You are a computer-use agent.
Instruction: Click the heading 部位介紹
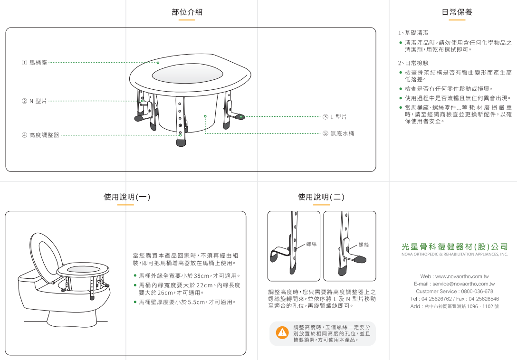click(187, 12)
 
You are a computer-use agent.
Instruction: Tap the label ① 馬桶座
click(34, 63)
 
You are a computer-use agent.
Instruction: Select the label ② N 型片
click(34, 101)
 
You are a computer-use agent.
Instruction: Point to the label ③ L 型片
click(335, 117)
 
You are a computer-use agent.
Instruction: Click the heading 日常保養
click(457, 12)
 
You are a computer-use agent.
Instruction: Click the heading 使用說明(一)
click(127, 197)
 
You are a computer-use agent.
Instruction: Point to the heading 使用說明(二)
click(321, 197)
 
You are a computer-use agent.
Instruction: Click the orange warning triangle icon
click(282, 332)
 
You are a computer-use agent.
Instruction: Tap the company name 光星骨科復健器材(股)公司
click(455, 246)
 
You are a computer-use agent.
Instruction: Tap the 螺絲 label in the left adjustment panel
click(311, 244)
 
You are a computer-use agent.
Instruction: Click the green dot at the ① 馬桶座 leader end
click(158, 63)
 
